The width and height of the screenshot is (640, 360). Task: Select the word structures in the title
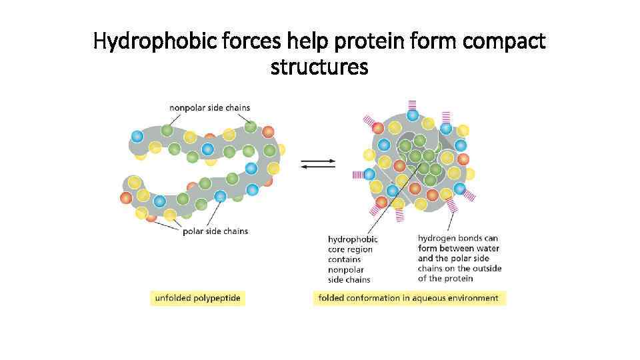pyautogui.click(x=319, y=67)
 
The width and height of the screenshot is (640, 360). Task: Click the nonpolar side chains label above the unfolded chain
pyautogui.click(x=210, y=107)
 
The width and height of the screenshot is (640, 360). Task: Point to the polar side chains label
pyautogui.click(x=215, y=231)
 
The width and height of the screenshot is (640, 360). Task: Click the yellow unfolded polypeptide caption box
pyautogui.click(x=198, y=298)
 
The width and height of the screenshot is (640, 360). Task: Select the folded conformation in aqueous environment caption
pyautogui.click(x=409, y=298)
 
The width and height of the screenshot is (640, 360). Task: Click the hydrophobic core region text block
pyautogui.click(x=353, y=259)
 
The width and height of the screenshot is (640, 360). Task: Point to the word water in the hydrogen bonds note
pyautogui.click(x=487, y=249)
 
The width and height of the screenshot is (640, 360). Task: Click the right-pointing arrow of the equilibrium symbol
pyautogui.click(x=318, y=161)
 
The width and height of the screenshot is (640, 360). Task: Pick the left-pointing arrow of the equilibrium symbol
pyautogui.click(x=318, y=167)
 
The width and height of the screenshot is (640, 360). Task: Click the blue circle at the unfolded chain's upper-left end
pyautogui.click(x=137, y=136)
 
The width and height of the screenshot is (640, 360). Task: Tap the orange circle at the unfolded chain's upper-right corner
pyautogui.click(x=268, y=132)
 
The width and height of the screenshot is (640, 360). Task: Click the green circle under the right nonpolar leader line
pyautogui.click(x=250, y=126)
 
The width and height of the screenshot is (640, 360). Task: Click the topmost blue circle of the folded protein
pyautogui.click(x=413, y=116)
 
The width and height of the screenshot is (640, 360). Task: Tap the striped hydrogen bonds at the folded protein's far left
pyautogui.click(x=359, y=175)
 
